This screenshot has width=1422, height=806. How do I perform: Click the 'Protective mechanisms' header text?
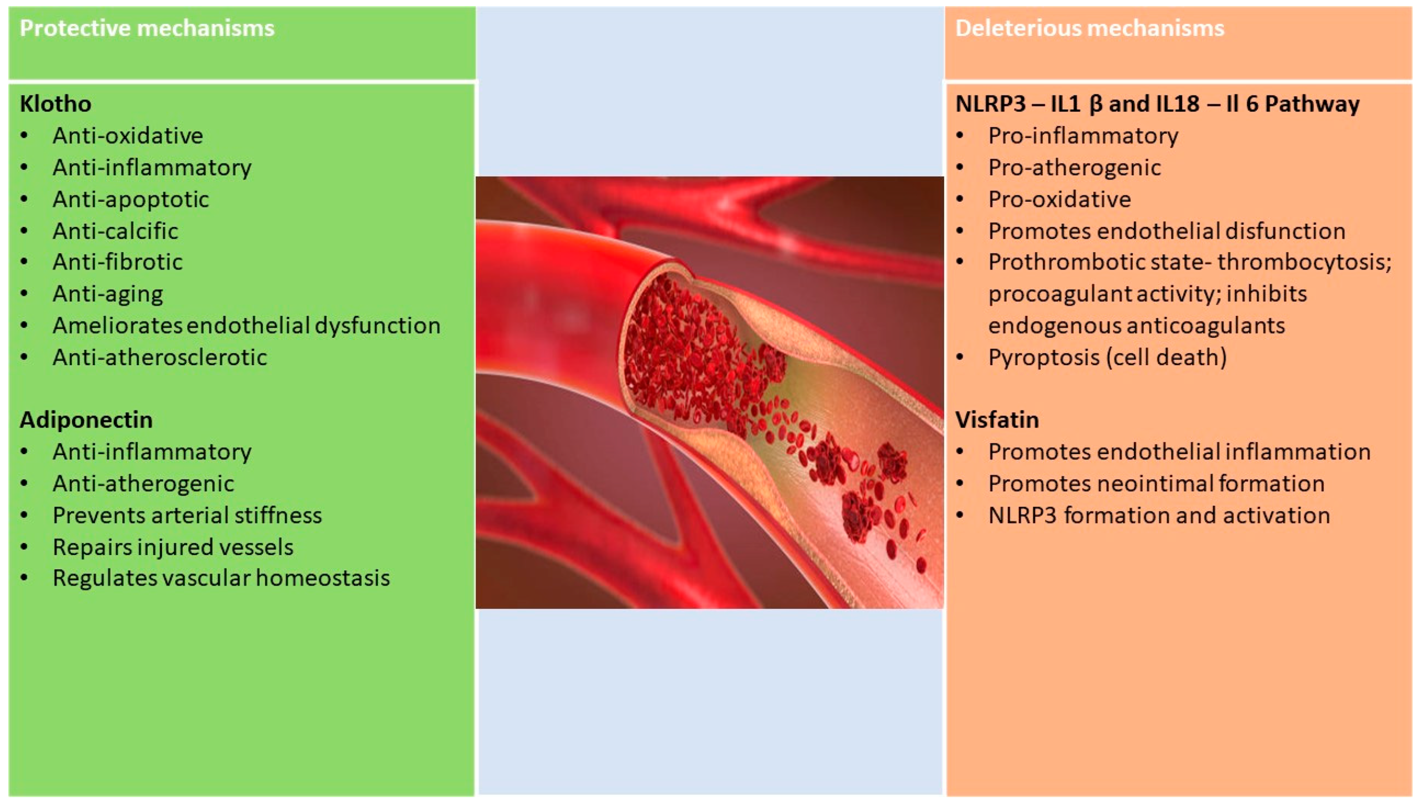147,28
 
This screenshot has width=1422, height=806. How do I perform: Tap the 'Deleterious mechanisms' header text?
1090,28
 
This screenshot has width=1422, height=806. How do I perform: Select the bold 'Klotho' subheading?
56,103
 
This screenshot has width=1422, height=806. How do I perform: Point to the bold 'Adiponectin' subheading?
86,420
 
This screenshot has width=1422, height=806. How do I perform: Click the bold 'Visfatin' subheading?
997,420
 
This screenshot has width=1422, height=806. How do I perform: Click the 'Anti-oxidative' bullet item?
128,136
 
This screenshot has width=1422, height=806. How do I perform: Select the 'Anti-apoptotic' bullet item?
131,199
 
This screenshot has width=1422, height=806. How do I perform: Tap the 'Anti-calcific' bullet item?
115,231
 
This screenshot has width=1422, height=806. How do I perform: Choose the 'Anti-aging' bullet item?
108,294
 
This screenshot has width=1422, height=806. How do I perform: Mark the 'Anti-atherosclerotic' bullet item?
160,357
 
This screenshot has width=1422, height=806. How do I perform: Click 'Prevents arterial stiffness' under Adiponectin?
187,515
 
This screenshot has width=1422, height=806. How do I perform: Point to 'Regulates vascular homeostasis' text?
221,578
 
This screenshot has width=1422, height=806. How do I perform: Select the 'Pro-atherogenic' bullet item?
1074,168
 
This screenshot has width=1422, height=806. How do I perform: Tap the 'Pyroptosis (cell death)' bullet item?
1108,357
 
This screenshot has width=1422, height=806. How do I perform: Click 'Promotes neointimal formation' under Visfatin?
1157,484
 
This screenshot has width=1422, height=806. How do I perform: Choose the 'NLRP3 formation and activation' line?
1159,515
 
